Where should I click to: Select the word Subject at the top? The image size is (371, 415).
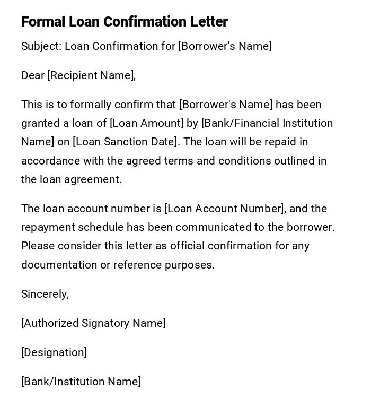(x=41, y=46)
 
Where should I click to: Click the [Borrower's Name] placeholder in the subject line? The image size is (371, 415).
(x=225, y=46)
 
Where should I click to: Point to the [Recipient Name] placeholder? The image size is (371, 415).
(x=91, y=75)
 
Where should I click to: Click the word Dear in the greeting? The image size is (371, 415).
(x=33, y=75)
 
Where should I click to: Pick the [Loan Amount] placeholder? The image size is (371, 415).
(x=146, y=123)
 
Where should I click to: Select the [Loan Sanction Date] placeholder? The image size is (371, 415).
(x=126, y=142)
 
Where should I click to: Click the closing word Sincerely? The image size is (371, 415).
(x=45, y=294)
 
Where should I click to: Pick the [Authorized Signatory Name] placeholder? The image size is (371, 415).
(x=93, y=323)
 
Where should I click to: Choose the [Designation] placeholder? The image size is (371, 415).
(x=54, y=352)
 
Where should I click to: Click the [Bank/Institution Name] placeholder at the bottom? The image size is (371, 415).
(x=81, y=382)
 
